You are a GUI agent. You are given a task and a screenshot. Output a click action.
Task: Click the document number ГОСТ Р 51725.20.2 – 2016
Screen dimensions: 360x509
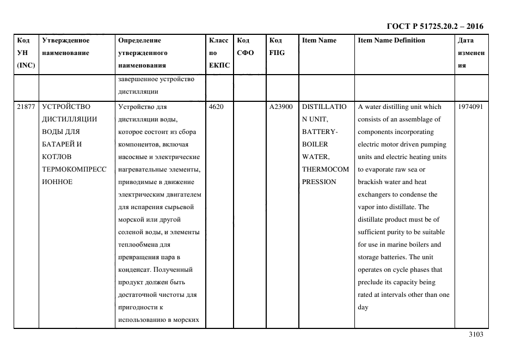point(434,26)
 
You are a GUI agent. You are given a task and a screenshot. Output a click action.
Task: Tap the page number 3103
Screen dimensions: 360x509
point(476,335)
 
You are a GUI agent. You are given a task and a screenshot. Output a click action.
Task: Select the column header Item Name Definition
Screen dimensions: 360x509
point(391,40)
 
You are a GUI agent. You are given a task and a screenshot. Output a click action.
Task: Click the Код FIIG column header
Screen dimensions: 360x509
point(277,47)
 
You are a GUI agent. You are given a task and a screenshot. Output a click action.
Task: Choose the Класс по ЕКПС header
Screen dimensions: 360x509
point(219,53)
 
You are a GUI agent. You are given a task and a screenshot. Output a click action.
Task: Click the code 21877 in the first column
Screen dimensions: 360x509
point(26,107)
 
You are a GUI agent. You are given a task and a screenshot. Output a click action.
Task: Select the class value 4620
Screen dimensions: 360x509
point(216,107)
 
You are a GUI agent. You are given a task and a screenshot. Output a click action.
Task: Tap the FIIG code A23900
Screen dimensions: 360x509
point(281,107)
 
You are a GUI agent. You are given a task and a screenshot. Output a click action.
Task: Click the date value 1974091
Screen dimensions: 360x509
point(471,107)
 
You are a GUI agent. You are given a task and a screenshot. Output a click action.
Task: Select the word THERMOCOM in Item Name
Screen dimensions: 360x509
point(325,169)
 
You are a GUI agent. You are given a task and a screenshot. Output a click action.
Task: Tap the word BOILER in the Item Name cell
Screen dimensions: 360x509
point(315,144)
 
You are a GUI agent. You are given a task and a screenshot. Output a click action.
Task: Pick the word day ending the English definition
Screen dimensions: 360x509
point(363,307)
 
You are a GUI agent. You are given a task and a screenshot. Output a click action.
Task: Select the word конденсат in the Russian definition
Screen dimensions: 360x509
point(134,270)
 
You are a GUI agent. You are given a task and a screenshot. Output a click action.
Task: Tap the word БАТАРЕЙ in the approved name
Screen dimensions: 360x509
point(59,144)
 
